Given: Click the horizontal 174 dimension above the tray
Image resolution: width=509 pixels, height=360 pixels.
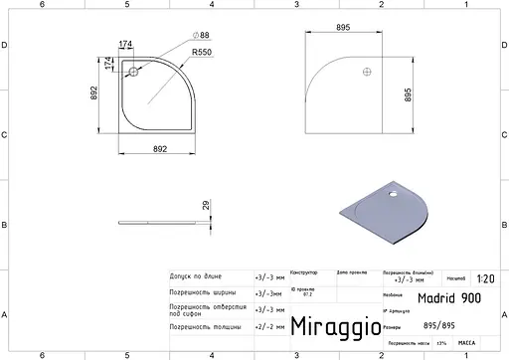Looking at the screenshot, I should click(x=126, y=43).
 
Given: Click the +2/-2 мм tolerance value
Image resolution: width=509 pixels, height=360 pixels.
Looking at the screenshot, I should click(x=266, y=326).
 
